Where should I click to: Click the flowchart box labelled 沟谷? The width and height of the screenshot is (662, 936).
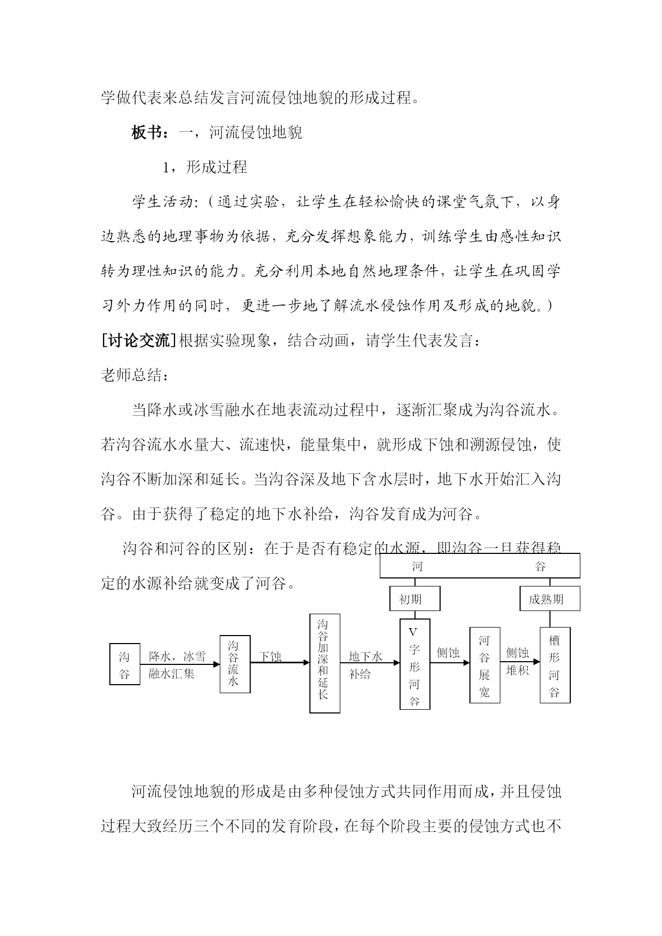click(125, 664)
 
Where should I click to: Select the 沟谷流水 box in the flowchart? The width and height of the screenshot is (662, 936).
click(235, 664)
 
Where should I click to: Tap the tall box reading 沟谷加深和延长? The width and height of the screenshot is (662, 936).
click(324, 663)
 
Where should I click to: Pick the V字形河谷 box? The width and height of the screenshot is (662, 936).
click(414, 664)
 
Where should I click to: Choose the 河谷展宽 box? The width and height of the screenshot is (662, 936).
click(484, 665)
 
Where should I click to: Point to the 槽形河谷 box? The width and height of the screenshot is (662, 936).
click(555, 665)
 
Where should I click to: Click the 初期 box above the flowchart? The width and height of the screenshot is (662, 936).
click(414, 599)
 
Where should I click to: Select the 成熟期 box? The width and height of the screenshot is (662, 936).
click(549, 599)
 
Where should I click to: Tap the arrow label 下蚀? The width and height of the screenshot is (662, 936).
click(270, 656)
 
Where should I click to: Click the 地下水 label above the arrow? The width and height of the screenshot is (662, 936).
click(365, 656)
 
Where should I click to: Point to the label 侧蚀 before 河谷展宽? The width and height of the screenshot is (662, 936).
click(448, 653)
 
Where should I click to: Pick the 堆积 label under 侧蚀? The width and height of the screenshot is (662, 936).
click(517, 670)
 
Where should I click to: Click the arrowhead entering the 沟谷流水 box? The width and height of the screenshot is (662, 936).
click(216, 664)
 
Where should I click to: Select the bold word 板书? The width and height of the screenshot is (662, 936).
click(147, 132)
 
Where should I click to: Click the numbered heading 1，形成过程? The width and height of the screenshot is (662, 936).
click(205, 167)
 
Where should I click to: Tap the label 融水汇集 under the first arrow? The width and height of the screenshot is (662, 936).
click(171, 673)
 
